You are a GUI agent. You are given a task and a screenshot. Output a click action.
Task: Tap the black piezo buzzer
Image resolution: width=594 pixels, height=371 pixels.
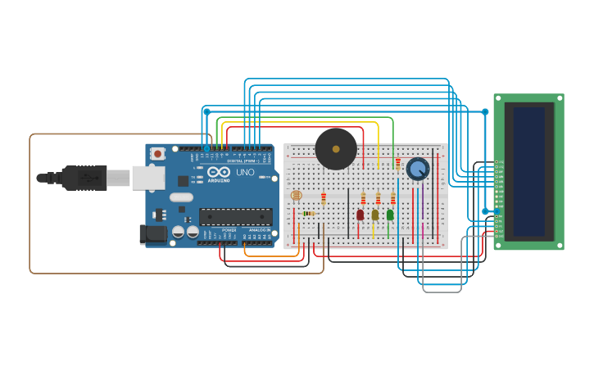(x=336, y=148)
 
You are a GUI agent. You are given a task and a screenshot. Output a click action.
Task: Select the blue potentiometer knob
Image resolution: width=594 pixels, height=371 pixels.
(x=418, y=170)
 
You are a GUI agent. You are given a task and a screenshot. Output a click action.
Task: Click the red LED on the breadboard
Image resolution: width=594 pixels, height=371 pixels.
(x=360, y=215)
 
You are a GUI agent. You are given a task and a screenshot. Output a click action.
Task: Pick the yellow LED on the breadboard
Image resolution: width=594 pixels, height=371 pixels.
(x=375, y=215)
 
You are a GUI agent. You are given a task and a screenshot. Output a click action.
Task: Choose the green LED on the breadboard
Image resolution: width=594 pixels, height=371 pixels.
(x=390, y=215)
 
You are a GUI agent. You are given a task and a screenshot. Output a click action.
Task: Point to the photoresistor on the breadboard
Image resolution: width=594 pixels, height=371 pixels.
(x=297, y=196)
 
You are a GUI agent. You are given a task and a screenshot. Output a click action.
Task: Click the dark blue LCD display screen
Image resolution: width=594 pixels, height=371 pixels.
(x=529, y=170)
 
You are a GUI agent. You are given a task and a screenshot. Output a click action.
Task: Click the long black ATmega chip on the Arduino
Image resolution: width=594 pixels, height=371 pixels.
(x=236, y=216)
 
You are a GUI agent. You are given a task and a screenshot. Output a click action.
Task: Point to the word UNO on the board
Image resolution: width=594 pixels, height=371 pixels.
(x=245, y=172)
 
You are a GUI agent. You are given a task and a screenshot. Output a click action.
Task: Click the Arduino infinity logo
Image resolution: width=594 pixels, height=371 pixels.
(x=218, y=173)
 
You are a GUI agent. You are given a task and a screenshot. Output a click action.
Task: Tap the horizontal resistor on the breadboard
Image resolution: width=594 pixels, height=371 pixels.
(x=308, y=214)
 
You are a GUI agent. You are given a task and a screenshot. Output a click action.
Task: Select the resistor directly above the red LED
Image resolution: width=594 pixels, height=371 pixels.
(x=363, y=198)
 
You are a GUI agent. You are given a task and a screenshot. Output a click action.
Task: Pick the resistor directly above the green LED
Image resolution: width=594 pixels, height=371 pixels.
(x=392, y=198)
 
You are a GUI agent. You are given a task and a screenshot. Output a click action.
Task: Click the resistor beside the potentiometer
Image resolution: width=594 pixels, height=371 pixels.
(x=398, y=164)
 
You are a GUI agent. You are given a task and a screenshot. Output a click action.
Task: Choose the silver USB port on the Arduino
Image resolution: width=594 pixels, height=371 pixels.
(x=148, y=177)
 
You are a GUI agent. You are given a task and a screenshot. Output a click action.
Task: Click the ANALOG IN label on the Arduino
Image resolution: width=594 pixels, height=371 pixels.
(x=260, y=230)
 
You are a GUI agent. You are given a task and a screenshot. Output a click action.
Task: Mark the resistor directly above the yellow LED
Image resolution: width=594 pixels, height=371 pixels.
(x=378, y=198)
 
